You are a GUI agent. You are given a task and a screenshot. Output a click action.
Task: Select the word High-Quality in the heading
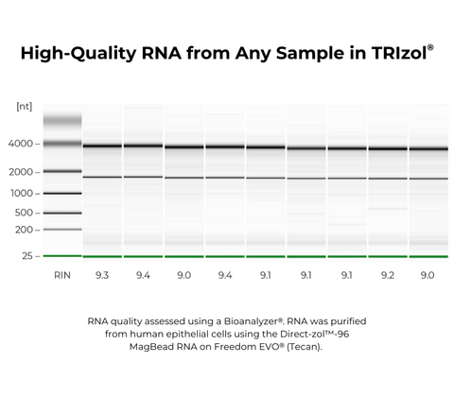click(x=79, y=54)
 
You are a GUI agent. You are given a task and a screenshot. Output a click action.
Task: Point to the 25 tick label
click(x=27, y=256)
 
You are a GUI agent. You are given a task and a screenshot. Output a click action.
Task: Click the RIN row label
click(x=61, y=276)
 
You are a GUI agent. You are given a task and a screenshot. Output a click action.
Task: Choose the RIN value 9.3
click(x=102, y=276)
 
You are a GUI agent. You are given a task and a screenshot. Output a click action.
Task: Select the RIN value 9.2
click(x=388, y=276)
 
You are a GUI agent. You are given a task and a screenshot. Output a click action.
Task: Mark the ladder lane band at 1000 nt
click(x=61, y=193)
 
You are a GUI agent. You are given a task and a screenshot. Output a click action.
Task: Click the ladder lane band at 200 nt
click(x=61, y=230)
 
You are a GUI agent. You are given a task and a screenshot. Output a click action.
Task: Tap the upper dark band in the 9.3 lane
click(x=102, y=146)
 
